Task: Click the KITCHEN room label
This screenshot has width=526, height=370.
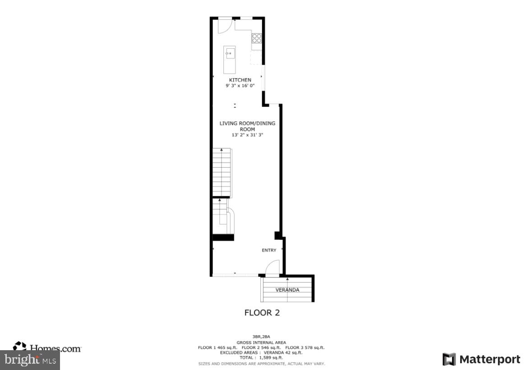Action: (x=240, y=80)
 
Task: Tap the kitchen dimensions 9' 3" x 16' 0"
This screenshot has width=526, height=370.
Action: (x=240, y=86)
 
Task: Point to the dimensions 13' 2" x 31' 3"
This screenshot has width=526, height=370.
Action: (x=247, y=135)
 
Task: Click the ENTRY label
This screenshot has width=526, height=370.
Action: (x=269, y=250)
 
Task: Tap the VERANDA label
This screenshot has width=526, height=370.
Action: (x=287, y=290)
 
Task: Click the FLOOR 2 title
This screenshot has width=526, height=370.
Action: (x=262, y=312)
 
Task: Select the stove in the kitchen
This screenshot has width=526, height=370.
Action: (x=257, y=38)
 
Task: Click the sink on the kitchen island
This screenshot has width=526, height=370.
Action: (x=229, y=54)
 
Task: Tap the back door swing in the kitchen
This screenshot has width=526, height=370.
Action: (x=224, y=26)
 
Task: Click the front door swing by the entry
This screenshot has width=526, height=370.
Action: (x=273, y=268)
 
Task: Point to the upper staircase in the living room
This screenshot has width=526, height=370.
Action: (x=222, y=173)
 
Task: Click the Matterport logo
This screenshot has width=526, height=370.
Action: (x=481, y=359)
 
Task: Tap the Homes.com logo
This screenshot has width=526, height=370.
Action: (x=47, y=347)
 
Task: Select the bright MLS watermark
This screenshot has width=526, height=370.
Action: (x=30, y=360)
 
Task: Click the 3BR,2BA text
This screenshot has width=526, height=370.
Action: (x=261, y=337)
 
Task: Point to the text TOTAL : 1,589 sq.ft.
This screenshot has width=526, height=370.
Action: (x=261, y=357)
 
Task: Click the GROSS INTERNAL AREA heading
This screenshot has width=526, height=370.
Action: (x=261, y=342)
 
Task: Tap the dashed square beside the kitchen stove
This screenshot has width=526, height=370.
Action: (x=256, y=58)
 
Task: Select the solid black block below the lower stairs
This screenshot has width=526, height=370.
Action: (x=223, y=238)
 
